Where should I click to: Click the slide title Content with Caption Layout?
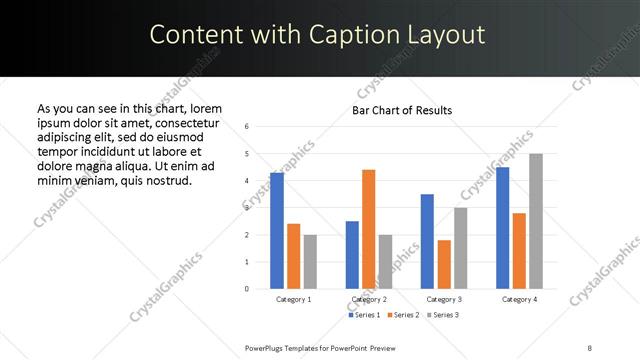point(318,35)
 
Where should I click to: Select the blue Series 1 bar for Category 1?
point(277,230)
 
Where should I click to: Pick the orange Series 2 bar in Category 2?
point(368,229)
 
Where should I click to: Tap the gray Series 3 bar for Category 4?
point(535,221)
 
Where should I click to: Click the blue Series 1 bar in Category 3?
point(427,241)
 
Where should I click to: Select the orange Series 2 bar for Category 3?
point(444,264)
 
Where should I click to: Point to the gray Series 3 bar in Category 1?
point(310,261)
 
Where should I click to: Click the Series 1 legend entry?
point(363,315)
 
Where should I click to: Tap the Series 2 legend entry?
point(401,315)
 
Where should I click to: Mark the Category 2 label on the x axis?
point(369,299)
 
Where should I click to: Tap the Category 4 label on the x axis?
point(519,299)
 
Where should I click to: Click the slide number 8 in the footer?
point(589,346)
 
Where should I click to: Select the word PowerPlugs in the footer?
point(266,346)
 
